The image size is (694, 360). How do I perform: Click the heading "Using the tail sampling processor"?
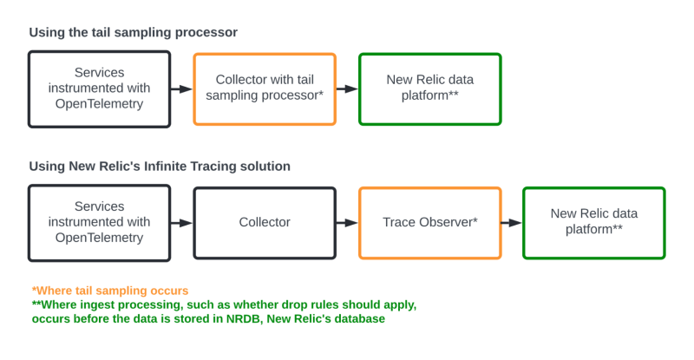click(133, 32)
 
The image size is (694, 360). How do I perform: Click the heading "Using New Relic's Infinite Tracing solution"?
click(160, 166)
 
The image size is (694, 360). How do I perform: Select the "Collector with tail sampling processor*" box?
click(265, 88)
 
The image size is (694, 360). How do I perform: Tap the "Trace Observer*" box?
click(429, 223)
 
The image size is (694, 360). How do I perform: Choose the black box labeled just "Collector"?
click(265, 223)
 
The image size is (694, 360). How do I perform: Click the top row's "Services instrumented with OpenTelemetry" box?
click(99, 88)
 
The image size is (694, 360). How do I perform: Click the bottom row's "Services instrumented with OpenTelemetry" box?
click(99, 223)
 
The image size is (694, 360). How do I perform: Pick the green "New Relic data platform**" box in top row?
click(429, 88)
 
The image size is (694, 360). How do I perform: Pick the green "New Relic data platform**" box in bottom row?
click(593, 223)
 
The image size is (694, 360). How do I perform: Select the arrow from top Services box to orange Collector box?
click(181, 88)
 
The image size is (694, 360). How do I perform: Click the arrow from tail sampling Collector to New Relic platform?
click(346, 88)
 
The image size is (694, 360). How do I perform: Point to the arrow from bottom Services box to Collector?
click(181, 223)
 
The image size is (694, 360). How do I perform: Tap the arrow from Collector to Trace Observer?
click(346, 223)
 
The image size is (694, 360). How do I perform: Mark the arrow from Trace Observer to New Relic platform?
click(511, 223)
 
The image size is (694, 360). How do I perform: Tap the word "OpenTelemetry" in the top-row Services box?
click(99, 104)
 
